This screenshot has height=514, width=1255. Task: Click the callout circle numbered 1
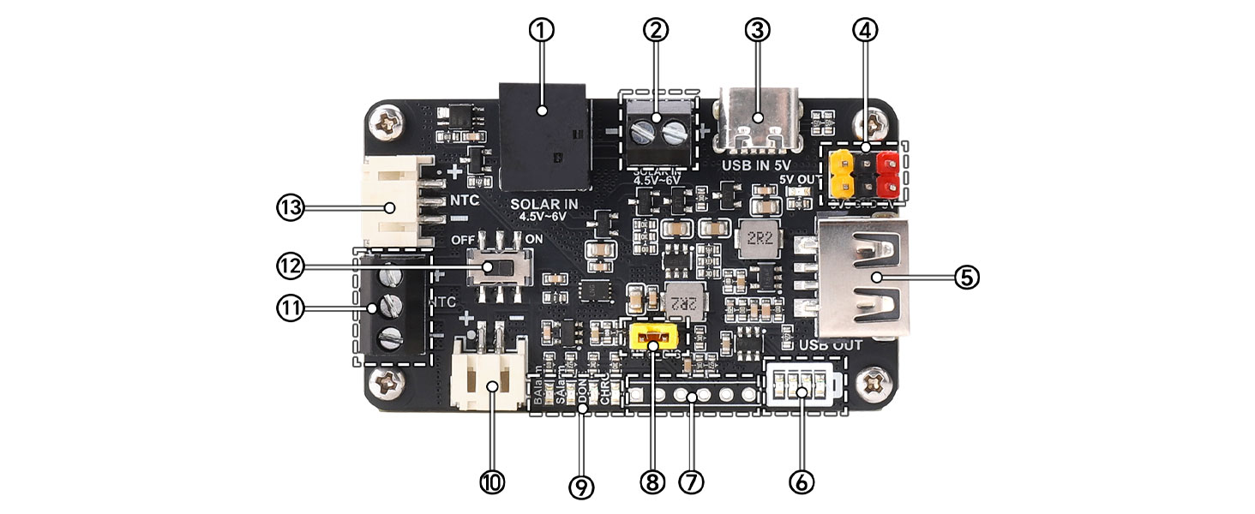(x=541, y=30)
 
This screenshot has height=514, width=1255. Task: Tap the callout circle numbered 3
(x=757, y=30)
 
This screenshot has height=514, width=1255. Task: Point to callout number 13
(x=290, y=207)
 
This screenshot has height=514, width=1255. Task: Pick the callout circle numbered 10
(x=492, y=482)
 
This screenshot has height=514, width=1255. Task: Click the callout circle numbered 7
(x=691, y=482)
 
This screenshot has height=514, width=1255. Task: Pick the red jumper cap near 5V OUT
(x=886, y=170)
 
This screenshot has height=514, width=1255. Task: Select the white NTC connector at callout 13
(x=393, y=201)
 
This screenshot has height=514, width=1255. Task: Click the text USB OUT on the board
(x=830, y=345)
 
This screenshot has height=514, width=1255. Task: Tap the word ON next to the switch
(x=533, y=238)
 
